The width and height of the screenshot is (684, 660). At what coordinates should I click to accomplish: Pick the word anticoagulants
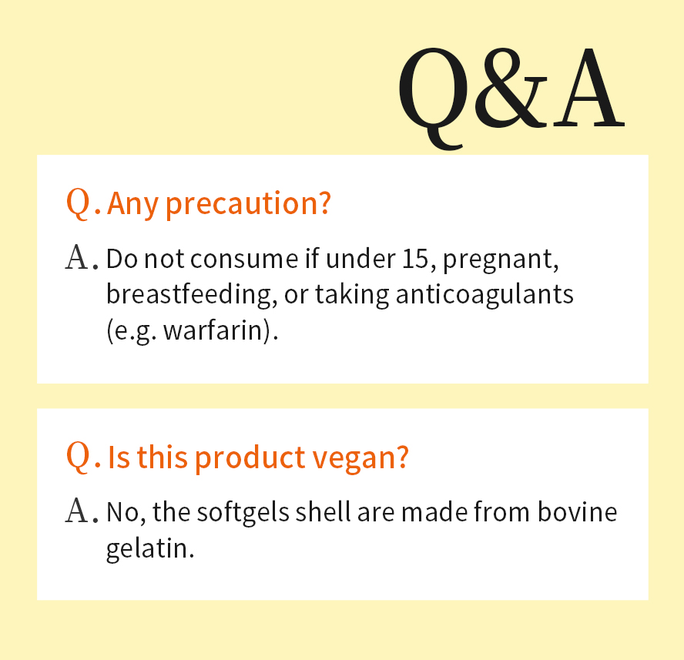click(484, 294)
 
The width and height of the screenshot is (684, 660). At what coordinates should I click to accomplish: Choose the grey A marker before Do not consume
click(79, 259)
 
